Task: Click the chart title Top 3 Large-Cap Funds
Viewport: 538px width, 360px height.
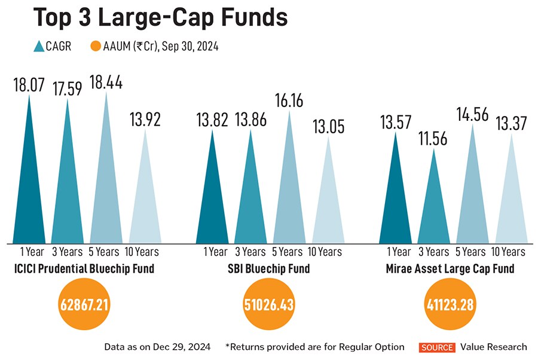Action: point(160,18)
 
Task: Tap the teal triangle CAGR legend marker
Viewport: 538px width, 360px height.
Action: point(39,46)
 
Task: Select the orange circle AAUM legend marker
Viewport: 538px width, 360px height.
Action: point(96,46)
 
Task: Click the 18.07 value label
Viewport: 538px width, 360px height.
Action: point(29,84)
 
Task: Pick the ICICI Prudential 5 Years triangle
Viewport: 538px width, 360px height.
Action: point(106,179)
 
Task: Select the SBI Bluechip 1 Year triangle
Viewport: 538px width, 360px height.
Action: point(212,191)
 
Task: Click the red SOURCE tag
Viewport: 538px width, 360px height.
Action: point(438,347)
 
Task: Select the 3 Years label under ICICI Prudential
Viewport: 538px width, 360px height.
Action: point(66,252)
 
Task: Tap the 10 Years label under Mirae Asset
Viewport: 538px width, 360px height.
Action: point(510,252)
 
